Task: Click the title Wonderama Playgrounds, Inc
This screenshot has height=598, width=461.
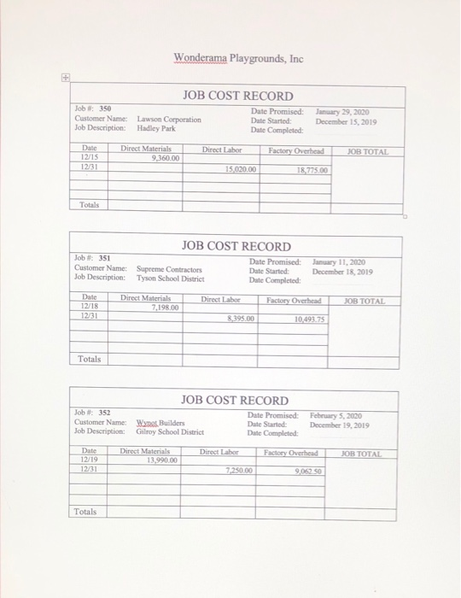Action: tap(238, 59)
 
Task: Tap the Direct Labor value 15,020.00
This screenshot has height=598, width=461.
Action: tap(240, 169)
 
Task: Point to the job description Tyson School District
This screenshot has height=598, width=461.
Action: tap(171, 278)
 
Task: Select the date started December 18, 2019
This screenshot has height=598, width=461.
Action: tap(337, 270)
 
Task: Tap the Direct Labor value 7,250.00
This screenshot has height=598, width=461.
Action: tap(238, 470)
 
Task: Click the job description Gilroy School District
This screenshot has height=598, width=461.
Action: tap(170, 431)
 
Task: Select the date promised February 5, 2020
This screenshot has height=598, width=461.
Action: tap(337, 413)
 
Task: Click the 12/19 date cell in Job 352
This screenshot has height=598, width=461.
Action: tap(89, 460)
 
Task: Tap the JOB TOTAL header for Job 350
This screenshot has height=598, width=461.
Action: tap(368, 150)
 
